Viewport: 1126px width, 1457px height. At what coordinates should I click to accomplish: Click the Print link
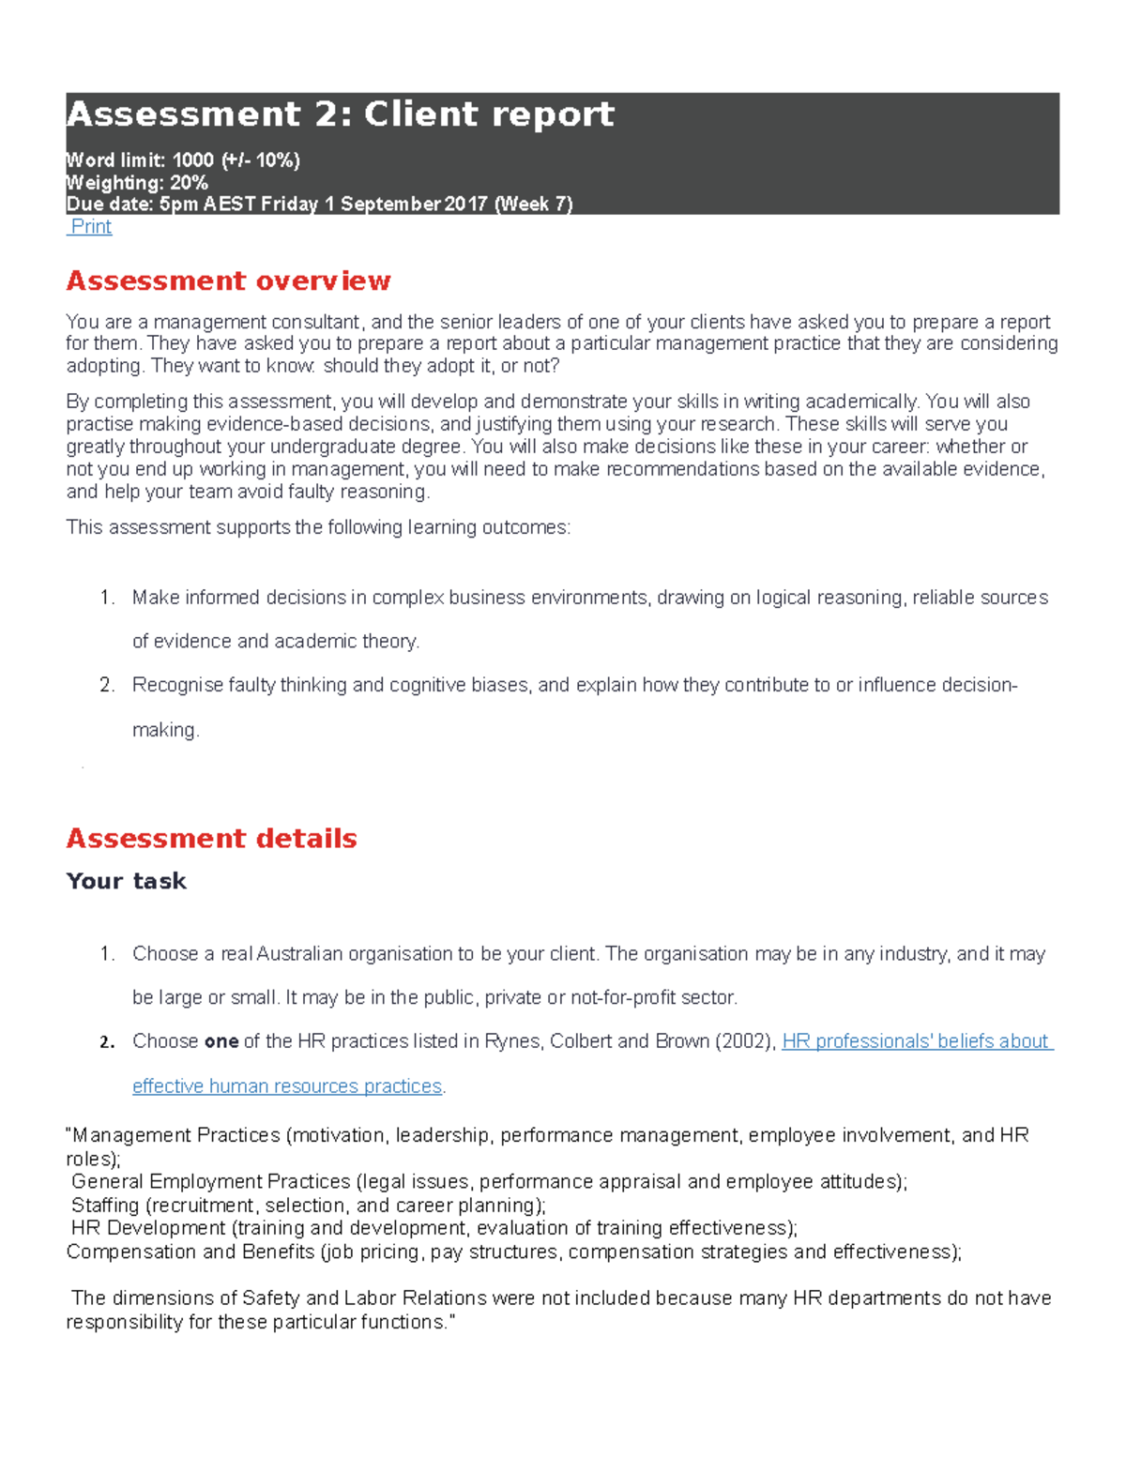click(x=91, y=227)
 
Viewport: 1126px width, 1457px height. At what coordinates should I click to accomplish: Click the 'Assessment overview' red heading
click(x=228, y=281)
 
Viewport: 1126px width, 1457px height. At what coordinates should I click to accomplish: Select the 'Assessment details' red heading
click(x=211, y=838)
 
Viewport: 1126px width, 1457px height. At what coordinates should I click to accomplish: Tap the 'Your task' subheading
click(x=126, y=881)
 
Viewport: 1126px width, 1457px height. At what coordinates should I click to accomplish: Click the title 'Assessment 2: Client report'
click(x=340, y=114)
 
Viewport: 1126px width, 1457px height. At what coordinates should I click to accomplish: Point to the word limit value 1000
click(x=192, y=160)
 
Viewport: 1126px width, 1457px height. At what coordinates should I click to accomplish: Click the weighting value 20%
click(x=189, y=183)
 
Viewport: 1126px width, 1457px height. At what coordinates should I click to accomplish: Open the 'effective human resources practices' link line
click(x=287, y=1086)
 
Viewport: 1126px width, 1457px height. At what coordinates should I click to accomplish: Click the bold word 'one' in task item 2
click(x=221, y=1041)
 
